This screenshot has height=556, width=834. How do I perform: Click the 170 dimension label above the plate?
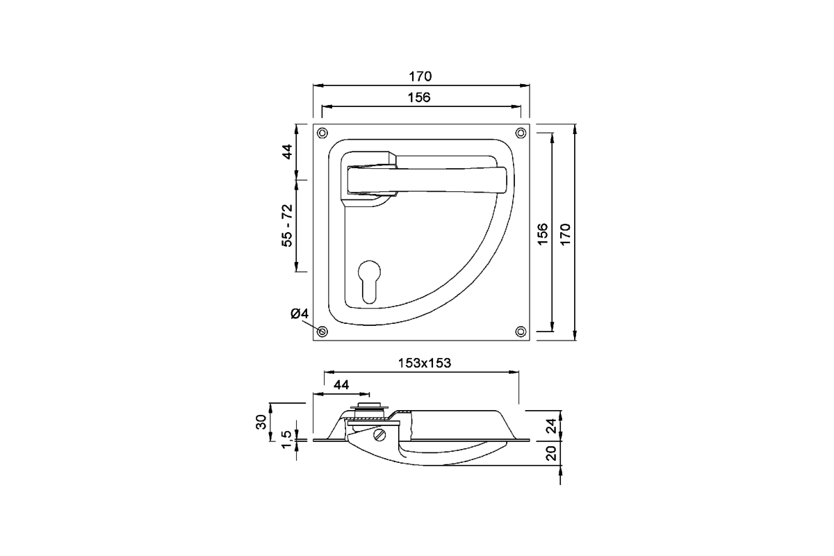(x=420, y=76)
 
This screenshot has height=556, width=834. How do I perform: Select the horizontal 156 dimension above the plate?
(x=420, y=98)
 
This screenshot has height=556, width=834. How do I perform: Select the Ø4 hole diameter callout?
(x=300, y=314)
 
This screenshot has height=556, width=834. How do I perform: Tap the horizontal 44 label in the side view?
(x=341, y=384)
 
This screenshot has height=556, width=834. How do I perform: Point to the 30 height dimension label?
(x=261, y=421)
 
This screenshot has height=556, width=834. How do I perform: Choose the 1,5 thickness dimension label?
(x=286, y=439)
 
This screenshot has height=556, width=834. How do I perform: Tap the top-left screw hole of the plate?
(x=322, y=133)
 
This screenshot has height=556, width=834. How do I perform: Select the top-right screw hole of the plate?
(x=521, y=133)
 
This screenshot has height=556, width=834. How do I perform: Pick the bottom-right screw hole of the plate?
(x=521, y=332)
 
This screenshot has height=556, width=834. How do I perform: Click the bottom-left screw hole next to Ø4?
(x=322, y=332)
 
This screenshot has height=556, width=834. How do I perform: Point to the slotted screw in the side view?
(x=379, y=435)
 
